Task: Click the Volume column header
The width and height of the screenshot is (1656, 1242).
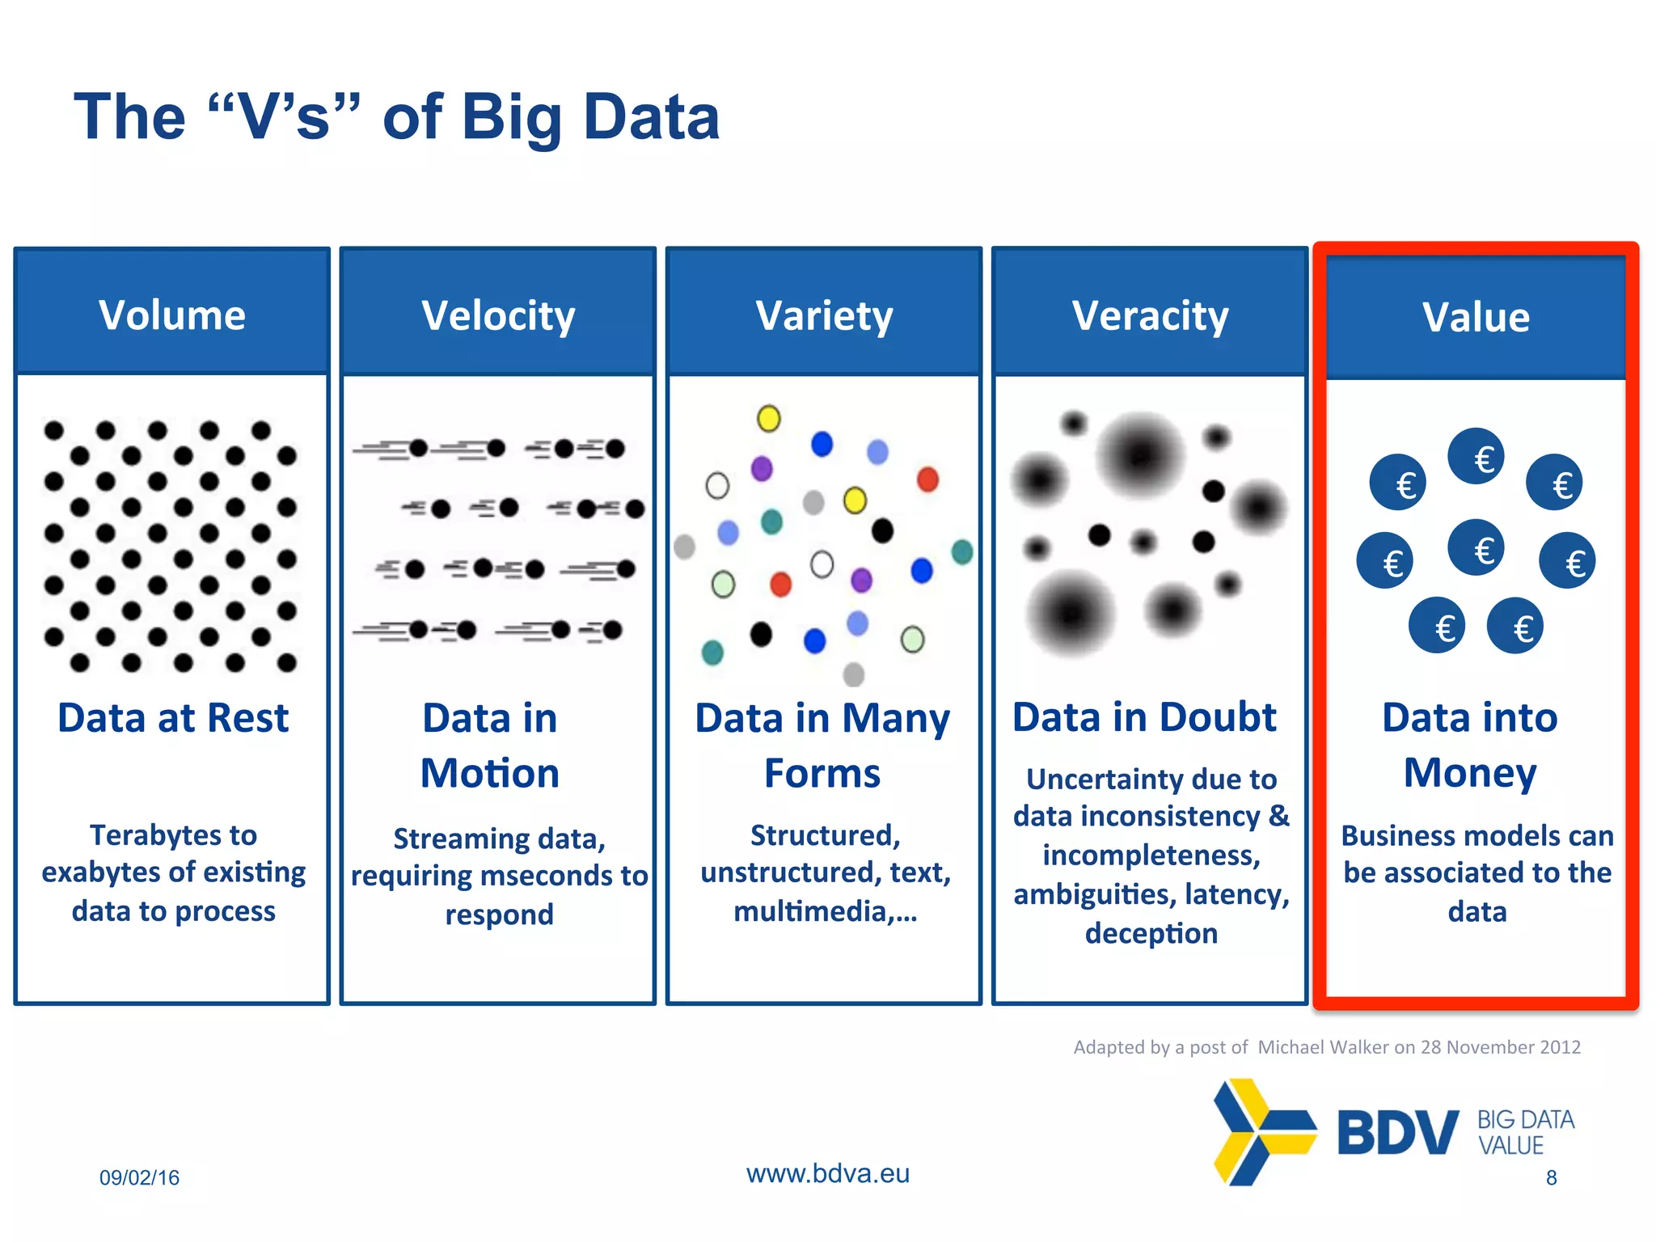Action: [172, 315]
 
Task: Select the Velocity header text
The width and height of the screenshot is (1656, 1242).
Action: [498, 315]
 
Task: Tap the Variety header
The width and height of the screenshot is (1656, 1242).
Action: [824, 315]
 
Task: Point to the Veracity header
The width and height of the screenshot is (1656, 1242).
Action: [1150, 315]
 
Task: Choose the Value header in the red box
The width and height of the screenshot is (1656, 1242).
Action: [1476, 317]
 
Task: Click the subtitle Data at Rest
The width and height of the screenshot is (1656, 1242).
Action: [173, 718]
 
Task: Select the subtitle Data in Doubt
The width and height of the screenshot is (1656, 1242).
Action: [1144, 717]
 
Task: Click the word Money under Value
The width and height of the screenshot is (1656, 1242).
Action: [1469, 773]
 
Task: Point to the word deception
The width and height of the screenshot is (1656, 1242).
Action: [1151, 933]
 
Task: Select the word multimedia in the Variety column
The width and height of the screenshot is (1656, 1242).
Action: [811, 911]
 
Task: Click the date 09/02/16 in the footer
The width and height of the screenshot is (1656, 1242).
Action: [139, 1177]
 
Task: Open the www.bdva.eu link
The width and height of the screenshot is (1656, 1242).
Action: [827, 1173]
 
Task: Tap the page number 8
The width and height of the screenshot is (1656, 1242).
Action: [1551, 1177]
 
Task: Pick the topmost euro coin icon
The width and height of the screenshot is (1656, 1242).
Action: [1476, 457]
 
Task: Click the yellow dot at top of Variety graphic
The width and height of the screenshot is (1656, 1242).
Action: [768, 418]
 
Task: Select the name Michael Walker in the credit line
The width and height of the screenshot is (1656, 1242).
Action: [1323, 1047]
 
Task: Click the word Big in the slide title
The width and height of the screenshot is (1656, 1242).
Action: [511, 117]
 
